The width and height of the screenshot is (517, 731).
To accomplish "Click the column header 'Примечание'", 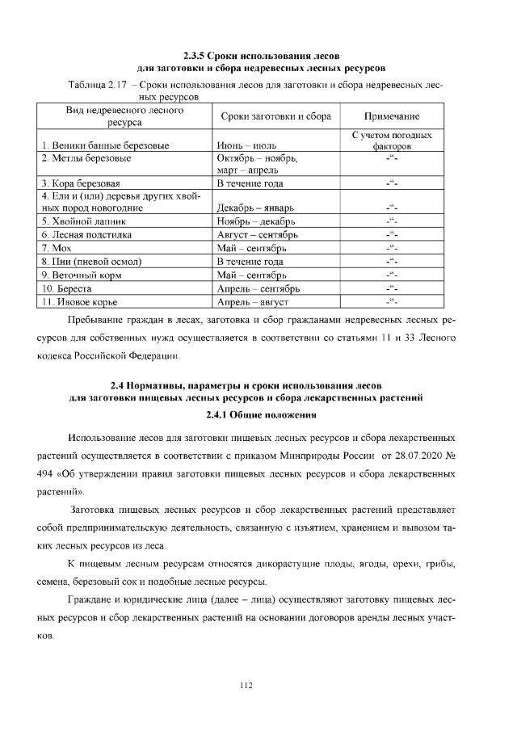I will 392,116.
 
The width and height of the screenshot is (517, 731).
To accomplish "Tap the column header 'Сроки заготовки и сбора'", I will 275,116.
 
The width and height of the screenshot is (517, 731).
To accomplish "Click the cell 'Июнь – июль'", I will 246,146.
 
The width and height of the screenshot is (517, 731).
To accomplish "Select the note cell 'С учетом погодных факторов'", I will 392,141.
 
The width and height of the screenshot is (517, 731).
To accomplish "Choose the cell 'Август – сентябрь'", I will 257,235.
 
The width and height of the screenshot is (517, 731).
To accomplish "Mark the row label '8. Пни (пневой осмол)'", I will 92,262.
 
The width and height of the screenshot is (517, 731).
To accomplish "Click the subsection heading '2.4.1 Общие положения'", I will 258,416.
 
